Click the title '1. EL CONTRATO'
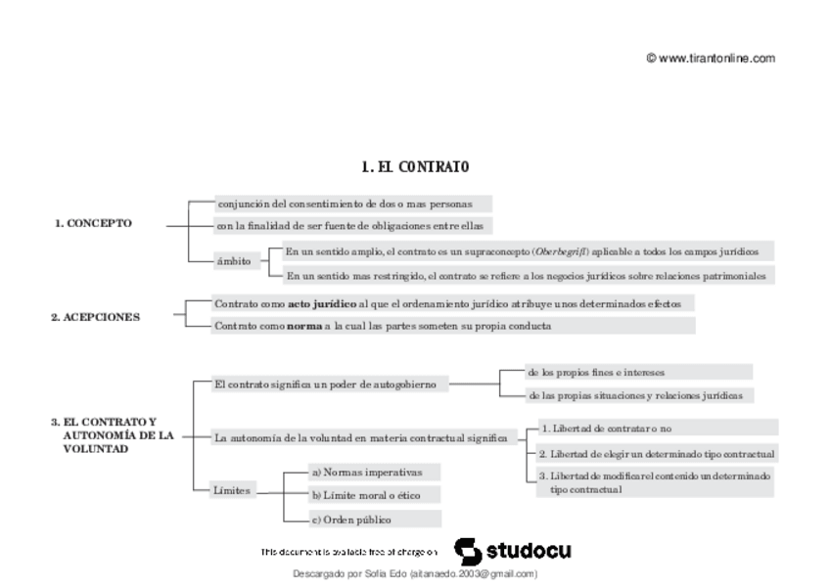[415, 167]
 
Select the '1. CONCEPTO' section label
[93, 223]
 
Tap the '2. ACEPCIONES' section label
[95, 317]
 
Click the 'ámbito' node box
[233, 261]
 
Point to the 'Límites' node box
[232, 489]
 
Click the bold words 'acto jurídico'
[322, 304]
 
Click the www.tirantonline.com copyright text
[711, 58]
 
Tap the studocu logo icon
[468, 550]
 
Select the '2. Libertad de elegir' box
[656, 454]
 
